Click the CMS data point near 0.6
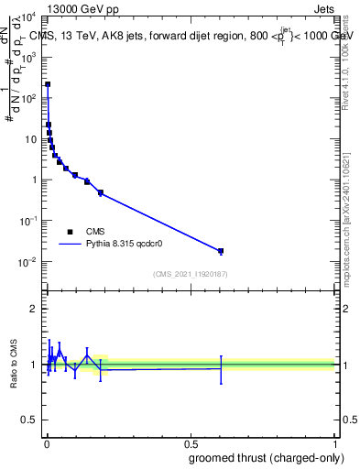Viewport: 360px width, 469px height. [x=221, y=251]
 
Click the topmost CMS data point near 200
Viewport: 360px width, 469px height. [x=48, y=84]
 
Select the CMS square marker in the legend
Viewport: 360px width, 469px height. [x=71, y=232]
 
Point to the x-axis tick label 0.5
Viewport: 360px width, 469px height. [x=191, y=443]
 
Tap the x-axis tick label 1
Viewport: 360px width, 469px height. [x=334, y=443]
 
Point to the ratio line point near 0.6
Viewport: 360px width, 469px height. [x=221, y=368]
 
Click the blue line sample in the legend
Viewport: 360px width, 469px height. [x=71, y=245]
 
